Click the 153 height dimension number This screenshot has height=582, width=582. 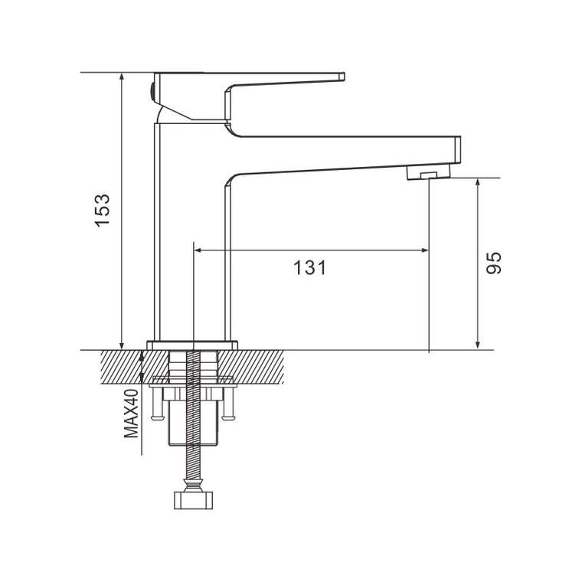(x=103, y=210)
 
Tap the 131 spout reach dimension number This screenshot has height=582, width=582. (x=310, y=267)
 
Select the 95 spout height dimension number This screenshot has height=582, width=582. (x=494, y=263)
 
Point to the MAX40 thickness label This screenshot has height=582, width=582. (x=131, y=414)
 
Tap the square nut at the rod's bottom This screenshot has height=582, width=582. (x=194, y=500)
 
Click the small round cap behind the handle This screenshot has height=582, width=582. (x=152, y=93)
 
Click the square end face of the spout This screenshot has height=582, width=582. (x=458, y=149)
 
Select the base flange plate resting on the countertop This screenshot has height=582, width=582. (x=192, y=345)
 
